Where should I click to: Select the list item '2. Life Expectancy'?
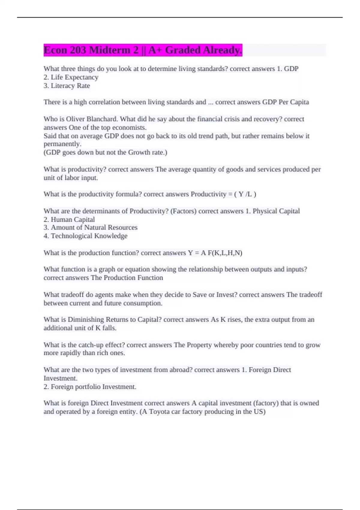click(71, 77)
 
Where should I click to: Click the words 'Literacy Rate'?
click(70, 86)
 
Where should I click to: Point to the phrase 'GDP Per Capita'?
click(285, 102)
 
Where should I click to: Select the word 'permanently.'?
click(62, 144)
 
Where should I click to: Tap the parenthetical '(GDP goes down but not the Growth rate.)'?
click(105, 152)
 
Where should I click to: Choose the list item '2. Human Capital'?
click(69, 220)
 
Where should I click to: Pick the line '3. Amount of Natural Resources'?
click(90, 228)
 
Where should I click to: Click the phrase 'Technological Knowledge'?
click(89, 236)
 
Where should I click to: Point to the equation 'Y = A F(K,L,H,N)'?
click(215, 253)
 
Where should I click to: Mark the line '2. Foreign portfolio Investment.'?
click(90, 387)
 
